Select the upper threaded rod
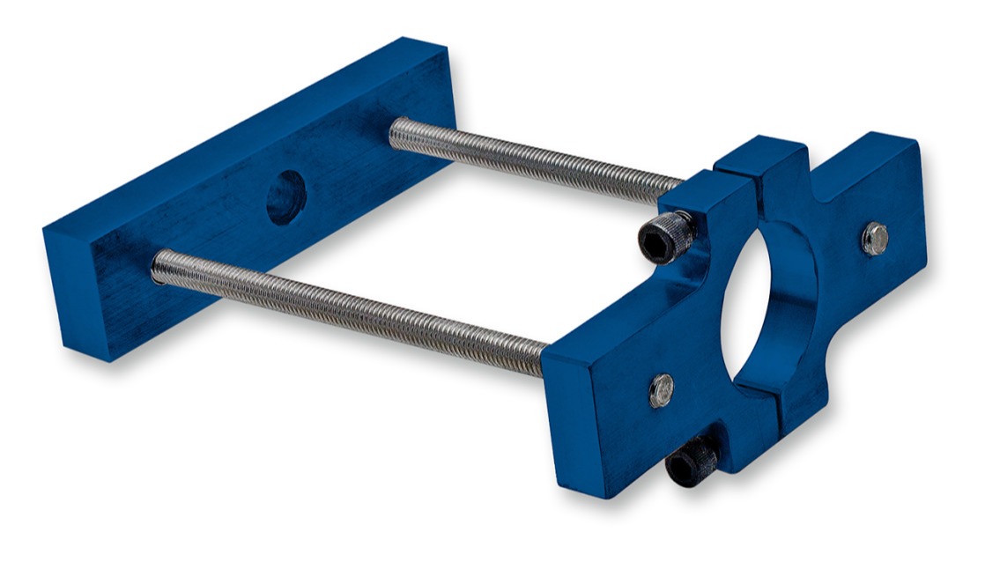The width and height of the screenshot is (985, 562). tap(529, 159)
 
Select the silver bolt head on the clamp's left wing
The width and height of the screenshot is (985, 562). tap(662, 390)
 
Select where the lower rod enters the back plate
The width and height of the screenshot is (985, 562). tap(159, 265)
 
